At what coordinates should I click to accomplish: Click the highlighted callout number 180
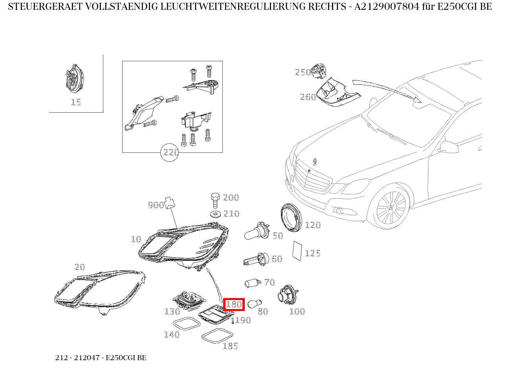pos(234,304)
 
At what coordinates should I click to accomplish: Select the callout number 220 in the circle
pos(170,152)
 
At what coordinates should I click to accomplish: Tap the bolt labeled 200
pos(215,200)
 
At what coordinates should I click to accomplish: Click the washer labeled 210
pos(215,214)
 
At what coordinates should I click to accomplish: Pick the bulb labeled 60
pos(255,260)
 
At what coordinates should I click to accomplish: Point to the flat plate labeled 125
pos(297,251)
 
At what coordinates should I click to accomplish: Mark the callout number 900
pos(156,205)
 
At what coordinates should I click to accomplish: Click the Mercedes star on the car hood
pos(315,162)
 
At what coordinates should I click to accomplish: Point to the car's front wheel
pos(391,208)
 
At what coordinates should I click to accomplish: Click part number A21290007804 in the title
pos(387,7)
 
